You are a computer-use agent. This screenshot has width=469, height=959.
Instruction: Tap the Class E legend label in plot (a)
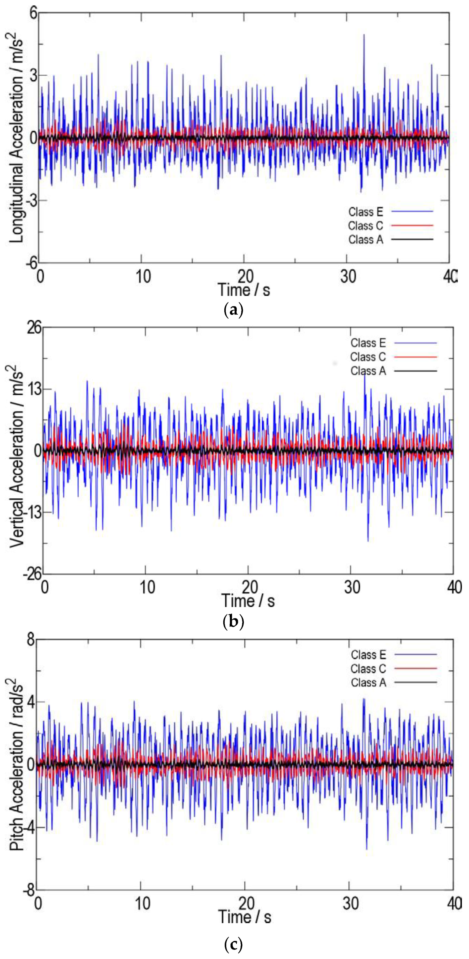[x=366, y=212]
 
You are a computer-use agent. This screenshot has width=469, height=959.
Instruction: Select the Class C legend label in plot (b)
[x=368, y=357]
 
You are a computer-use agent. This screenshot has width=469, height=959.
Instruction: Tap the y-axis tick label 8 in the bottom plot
[x=30, y=641]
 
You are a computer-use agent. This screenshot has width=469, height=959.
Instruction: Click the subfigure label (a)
[x=234, y=310]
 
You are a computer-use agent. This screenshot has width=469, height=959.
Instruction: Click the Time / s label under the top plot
[x=244, y=290]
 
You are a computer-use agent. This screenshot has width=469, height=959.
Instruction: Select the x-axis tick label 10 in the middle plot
[x=147, y=587]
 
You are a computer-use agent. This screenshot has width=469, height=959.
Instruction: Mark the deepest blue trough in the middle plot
[x=368, y=541]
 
